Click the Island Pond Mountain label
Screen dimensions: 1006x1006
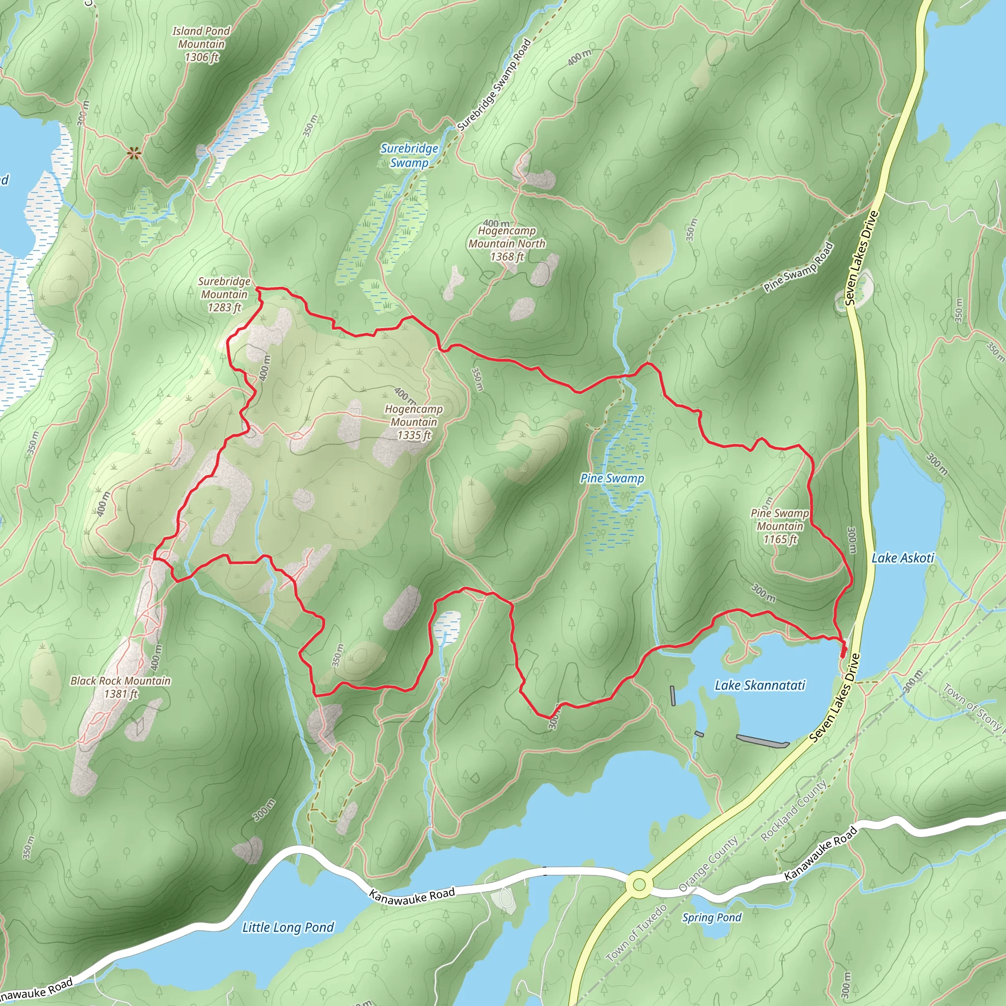201,44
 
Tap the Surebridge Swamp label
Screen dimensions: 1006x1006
409,156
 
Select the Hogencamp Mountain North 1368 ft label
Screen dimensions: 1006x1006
506,243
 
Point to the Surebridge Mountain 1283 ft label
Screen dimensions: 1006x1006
224,294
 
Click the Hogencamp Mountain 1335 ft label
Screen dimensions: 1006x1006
414,422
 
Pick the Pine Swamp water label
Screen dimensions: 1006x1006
613,478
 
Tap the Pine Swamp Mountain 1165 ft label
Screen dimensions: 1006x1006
780,526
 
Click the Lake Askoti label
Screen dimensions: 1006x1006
903,558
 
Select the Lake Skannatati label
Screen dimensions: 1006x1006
760,685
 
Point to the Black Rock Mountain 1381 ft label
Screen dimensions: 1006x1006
121,687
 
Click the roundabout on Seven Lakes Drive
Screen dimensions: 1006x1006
640,884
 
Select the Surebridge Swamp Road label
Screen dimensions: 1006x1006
494,84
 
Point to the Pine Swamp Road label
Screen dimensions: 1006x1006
799,267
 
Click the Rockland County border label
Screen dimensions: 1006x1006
794,810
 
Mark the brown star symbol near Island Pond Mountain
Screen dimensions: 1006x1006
134,153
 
